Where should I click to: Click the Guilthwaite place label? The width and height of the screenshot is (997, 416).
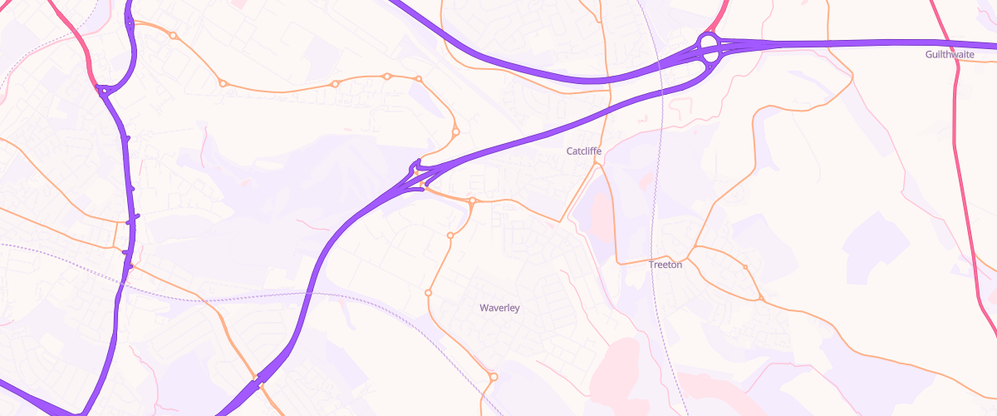point(950,54)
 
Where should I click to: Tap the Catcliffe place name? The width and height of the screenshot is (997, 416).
point(583,151)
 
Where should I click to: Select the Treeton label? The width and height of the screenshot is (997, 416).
point(665,265)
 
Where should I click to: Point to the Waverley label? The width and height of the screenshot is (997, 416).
point(499,308)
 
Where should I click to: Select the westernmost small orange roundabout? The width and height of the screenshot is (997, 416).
point(173,35)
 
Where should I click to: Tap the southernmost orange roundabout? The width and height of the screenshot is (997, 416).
point(494,377)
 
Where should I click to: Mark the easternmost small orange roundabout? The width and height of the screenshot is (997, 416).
point(761,298)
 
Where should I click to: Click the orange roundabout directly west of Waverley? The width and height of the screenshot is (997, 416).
point(429,293)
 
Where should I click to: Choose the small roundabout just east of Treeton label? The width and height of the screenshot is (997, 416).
point(745,267)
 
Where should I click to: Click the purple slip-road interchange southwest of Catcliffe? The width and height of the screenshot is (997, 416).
point(415,176)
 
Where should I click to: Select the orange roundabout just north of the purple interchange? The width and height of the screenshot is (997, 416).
point(455,131)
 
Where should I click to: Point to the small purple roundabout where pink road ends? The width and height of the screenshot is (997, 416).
point(102,91)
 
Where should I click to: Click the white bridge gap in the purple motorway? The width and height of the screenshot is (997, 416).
point(258,379)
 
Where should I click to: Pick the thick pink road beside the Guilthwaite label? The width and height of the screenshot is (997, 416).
point(958,83)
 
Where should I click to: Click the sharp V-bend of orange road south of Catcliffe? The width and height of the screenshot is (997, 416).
point(561,221)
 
